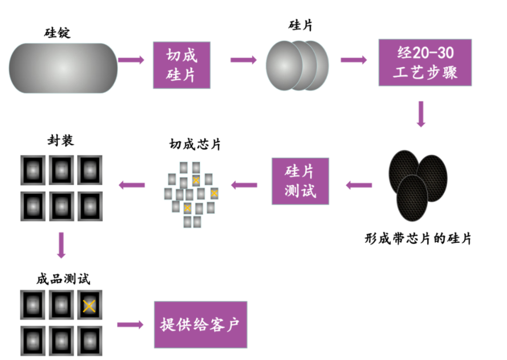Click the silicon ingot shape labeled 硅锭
tap(63, 68)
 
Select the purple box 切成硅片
tap(182, 65)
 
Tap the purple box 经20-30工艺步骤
tap(424, 62)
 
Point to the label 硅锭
tap(57, 33)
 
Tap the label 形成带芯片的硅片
tap(418, 238)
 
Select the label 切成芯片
tap(195, 144)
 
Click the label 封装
tap(61, 140)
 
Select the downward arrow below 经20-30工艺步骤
tap(421, 114)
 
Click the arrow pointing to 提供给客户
tap(130, 325)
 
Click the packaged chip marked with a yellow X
tap(89, 305)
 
